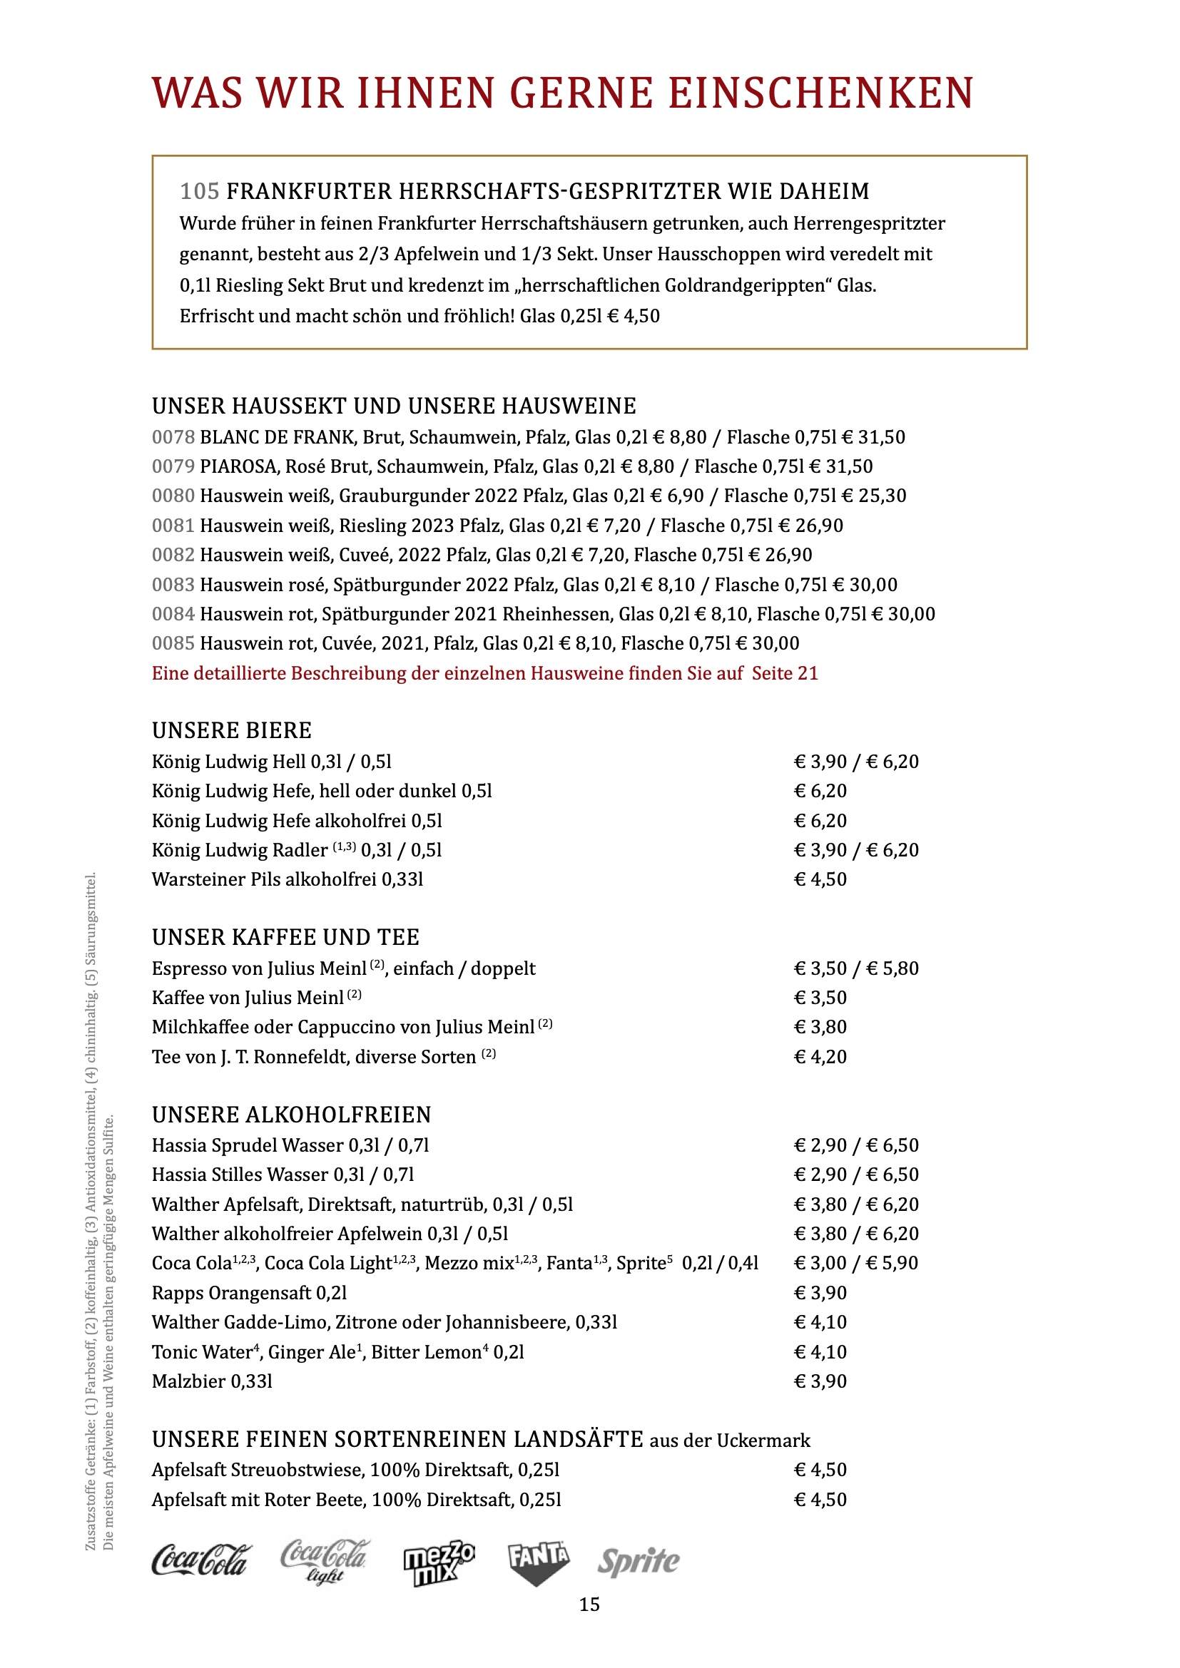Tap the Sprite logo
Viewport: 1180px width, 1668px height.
coord(638,1561)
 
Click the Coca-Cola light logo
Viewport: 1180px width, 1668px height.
coord(325,1559)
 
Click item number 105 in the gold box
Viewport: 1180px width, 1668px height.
coord(199,192)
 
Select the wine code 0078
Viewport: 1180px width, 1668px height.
coord(173,437)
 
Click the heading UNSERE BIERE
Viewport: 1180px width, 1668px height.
coord(232,730)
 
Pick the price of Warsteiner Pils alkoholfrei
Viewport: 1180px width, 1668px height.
coord(820,880)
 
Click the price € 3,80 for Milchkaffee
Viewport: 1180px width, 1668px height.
coord(820,1027)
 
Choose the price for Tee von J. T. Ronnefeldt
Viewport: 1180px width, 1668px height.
coord(820,1057)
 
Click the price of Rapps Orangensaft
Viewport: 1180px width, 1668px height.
coord(820,1292)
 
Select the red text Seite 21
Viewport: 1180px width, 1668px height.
coord(785,673)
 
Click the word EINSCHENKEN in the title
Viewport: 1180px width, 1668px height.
coord(820,93)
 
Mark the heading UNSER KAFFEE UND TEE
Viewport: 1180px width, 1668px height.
coord(285,937)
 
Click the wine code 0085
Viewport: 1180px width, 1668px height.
coord(173,644)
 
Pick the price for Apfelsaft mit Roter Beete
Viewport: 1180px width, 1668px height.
coord(820,1500)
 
